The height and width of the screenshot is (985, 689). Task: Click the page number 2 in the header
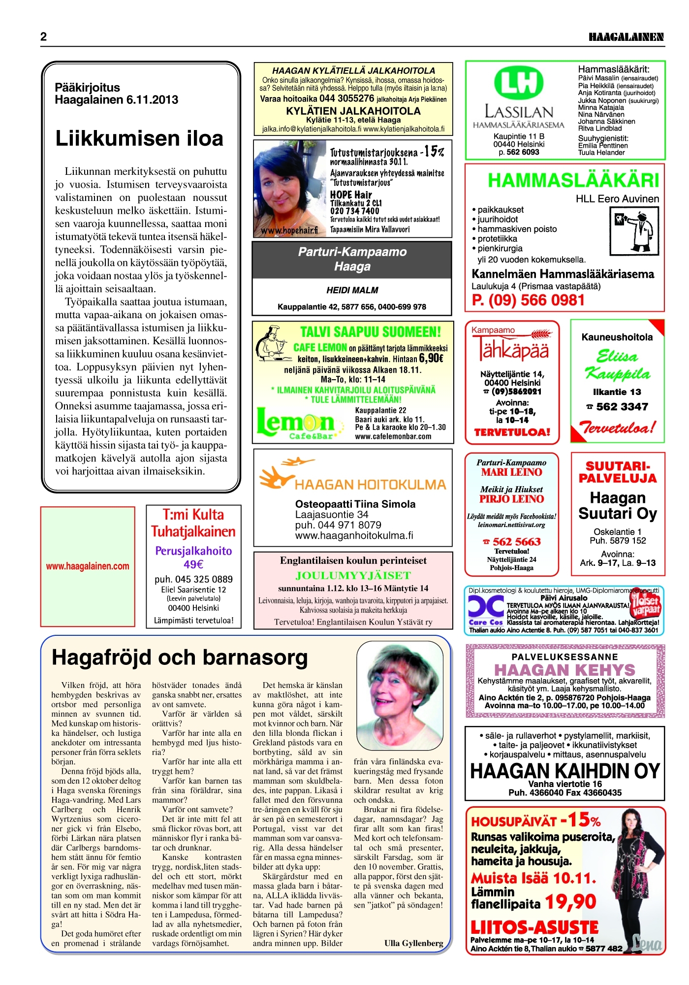pyautogui.click(x=44, y=37)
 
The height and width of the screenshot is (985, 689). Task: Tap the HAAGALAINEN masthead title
pyautogui.click(x=626, y=37)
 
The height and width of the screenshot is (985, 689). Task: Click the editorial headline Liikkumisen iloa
pyautogui.click(x=139, y=138)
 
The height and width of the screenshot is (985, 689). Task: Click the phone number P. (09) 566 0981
pyautogui.click(x=528, y=300)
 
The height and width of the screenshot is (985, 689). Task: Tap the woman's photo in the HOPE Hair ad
pyautogui.click(x=289, y=189)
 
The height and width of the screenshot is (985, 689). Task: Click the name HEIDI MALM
pyautogui.click(x=352, y=291)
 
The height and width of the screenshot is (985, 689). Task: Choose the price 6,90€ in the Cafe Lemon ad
pyautogui.click(x=431, y=359)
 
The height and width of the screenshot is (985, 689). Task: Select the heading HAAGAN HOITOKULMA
pyautogui.click(x=370, y=485)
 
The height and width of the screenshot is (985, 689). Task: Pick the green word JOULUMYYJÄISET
pyautogui.click(x=353, y=575)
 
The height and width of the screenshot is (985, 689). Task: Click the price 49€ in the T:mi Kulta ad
pyautogui.click(x=193, y=564)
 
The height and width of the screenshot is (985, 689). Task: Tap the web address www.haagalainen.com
pyautogui.click(x=88, y=566)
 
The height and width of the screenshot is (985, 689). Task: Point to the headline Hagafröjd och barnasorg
pyautogui.click(x=180, y=657)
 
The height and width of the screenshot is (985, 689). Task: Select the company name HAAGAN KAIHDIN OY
pyautogui.click(x=564, y=771)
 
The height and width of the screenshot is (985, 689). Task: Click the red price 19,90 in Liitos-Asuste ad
pyautogui.click(x=570, y=902)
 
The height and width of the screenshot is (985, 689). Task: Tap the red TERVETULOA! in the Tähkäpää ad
pyautogui.click(x=512, y=432)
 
